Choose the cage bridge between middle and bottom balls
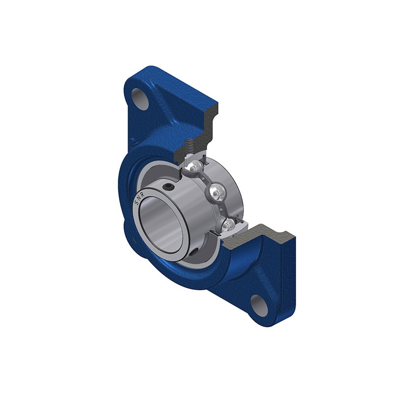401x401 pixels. [x=222, y=209]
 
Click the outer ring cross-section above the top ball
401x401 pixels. [x=194, y=156]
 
